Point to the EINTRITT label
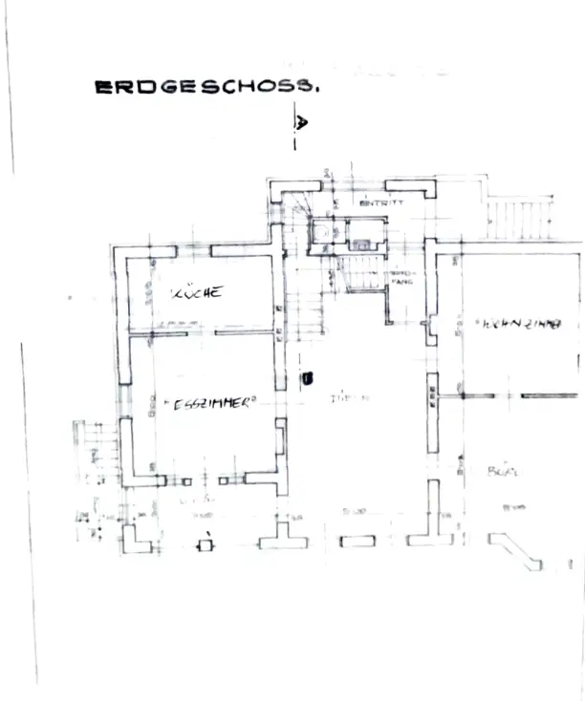coord(381,203)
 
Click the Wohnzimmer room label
coord(516,325)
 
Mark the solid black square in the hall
coord(307,378)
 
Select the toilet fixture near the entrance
coord(323,232)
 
